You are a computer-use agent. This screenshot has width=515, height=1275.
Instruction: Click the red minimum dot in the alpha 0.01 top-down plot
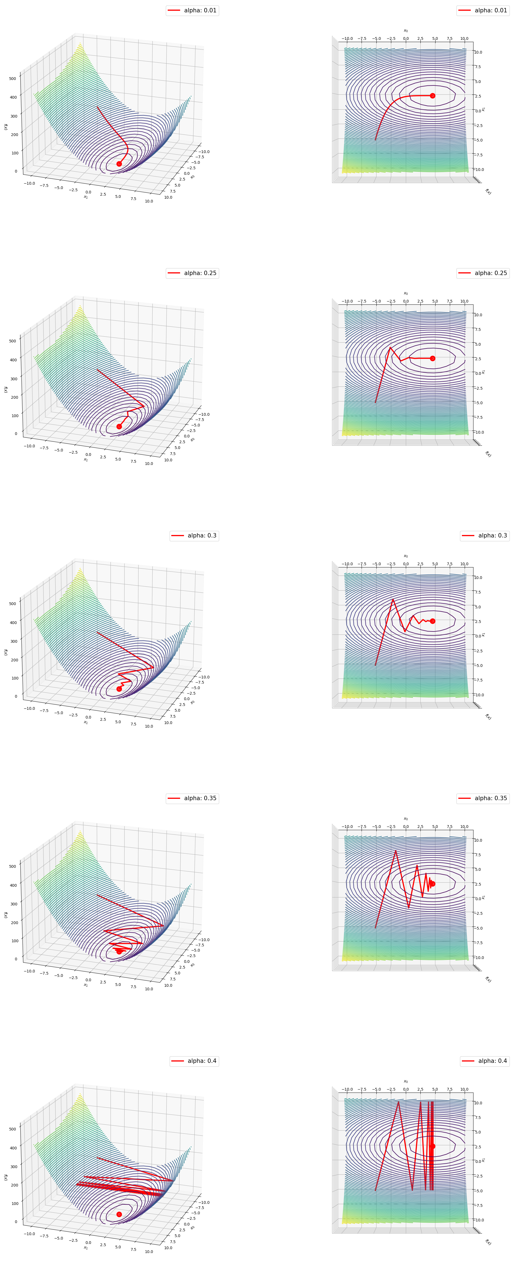pyautogui.click(x=432, y=96)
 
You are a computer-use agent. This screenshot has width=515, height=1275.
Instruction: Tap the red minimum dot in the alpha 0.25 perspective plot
pyautogui.click(x=119, y=426)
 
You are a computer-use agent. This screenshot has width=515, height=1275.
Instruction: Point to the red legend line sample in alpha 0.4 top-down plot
pyautogui.click(x=469, y=1061)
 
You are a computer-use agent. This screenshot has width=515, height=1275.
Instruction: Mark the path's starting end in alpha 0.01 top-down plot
pyautogui.click(x=375, y=140)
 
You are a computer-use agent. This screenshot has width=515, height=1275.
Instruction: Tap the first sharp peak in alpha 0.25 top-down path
pyautogui.click(x=390, y=347)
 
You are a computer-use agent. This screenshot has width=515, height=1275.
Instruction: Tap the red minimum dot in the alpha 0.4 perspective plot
pyautogui.click(x=119, y=1214)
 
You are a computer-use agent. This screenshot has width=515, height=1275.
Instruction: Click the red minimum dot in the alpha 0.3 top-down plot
pyautogui.click(x=432, y=621)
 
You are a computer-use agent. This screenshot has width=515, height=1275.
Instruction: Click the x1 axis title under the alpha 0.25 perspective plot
pyautogui.click(x=86, y=460)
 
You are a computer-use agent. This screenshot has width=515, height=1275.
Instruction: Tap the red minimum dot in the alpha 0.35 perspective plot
pyautogui.click(x=119, y=951)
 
